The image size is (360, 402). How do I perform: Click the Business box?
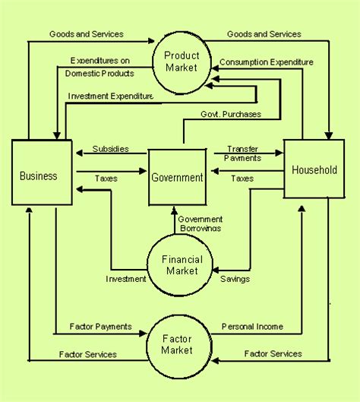[39, 176]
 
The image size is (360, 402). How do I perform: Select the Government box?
[177, 178]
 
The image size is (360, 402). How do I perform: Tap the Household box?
[314, 169]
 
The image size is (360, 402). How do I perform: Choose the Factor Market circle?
[177, 344]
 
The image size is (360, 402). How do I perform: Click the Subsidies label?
[110, 149]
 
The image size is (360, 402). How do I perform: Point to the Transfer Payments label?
[243, 154]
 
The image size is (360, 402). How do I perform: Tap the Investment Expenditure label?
[111, 96]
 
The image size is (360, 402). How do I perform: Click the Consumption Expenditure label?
[267, 61]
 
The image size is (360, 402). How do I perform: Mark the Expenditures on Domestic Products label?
[101, 67]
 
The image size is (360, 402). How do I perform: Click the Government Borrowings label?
[201, 223]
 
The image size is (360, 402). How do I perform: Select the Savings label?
[235, 279]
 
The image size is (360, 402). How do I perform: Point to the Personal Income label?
[252, 326]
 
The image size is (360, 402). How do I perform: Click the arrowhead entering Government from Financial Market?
[174, 210]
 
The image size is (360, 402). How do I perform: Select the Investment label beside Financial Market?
[125, 279]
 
